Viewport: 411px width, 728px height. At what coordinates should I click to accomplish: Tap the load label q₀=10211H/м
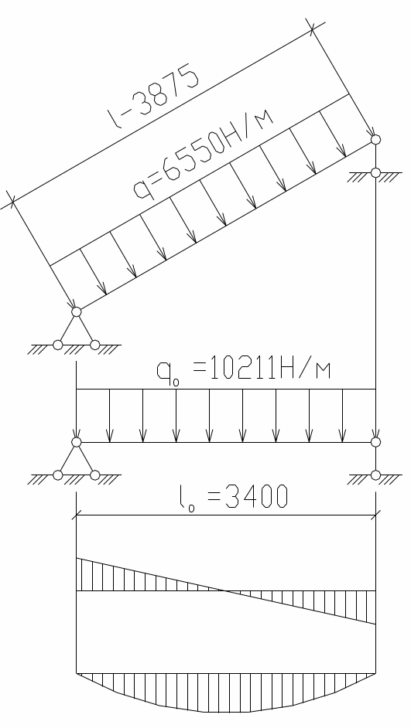(x=244, y=370)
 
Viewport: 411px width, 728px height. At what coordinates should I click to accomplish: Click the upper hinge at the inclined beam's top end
(x=375, y=139)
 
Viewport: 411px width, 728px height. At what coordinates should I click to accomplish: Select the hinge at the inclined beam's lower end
(x=77, y=311)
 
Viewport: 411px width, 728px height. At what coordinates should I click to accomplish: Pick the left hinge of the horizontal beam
(x=77, y=442)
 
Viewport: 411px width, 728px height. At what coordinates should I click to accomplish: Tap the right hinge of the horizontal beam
(x=375, y=442)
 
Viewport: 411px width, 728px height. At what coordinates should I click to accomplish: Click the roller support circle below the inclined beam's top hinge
(x=375, y=172)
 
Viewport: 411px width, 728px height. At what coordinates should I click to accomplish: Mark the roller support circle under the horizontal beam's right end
(x=375, y=475)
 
